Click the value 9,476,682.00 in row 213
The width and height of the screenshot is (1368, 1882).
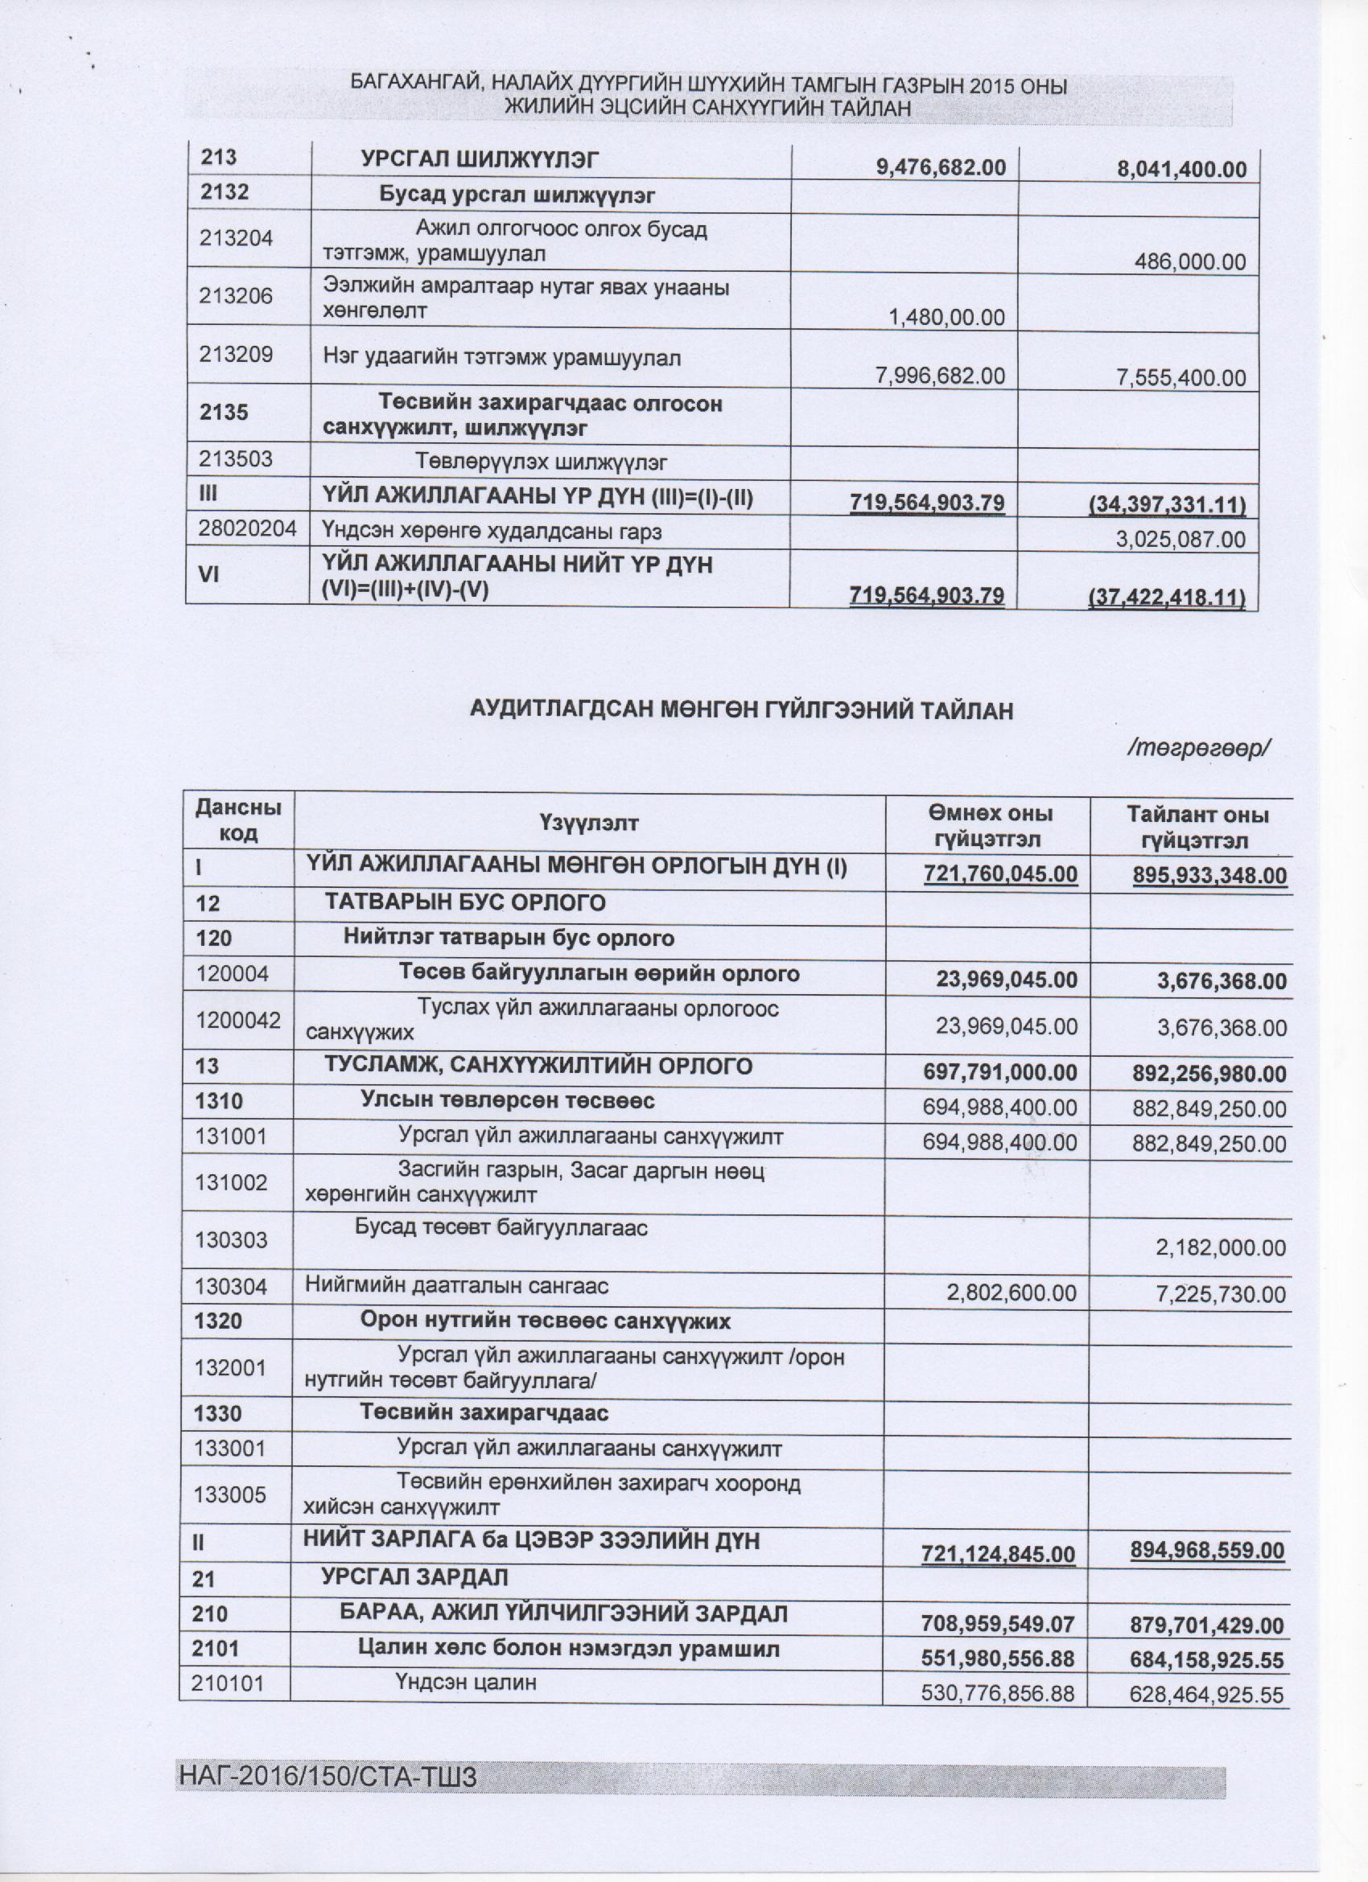coord(942,168)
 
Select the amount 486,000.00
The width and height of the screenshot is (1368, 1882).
coord(1189,262)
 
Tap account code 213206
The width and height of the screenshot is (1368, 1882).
coord(236,295)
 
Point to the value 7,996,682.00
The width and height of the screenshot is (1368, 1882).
coord(941,376)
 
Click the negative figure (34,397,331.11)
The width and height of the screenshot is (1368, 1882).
coord(1167,503)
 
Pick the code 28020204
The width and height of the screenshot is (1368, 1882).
coord(247,530)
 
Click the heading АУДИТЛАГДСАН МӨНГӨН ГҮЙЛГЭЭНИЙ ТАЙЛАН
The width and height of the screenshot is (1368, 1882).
coord(741,710)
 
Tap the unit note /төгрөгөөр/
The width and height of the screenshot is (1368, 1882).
coord(1200,749)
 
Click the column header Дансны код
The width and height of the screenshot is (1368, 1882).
coord(238,820)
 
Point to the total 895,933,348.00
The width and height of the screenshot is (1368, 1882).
coord(1209,874)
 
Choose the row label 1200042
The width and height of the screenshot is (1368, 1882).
coord(238,1019)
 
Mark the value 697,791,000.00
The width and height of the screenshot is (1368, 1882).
coord(1000,1074)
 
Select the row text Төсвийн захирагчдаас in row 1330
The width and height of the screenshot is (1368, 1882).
coord(484,1412)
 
